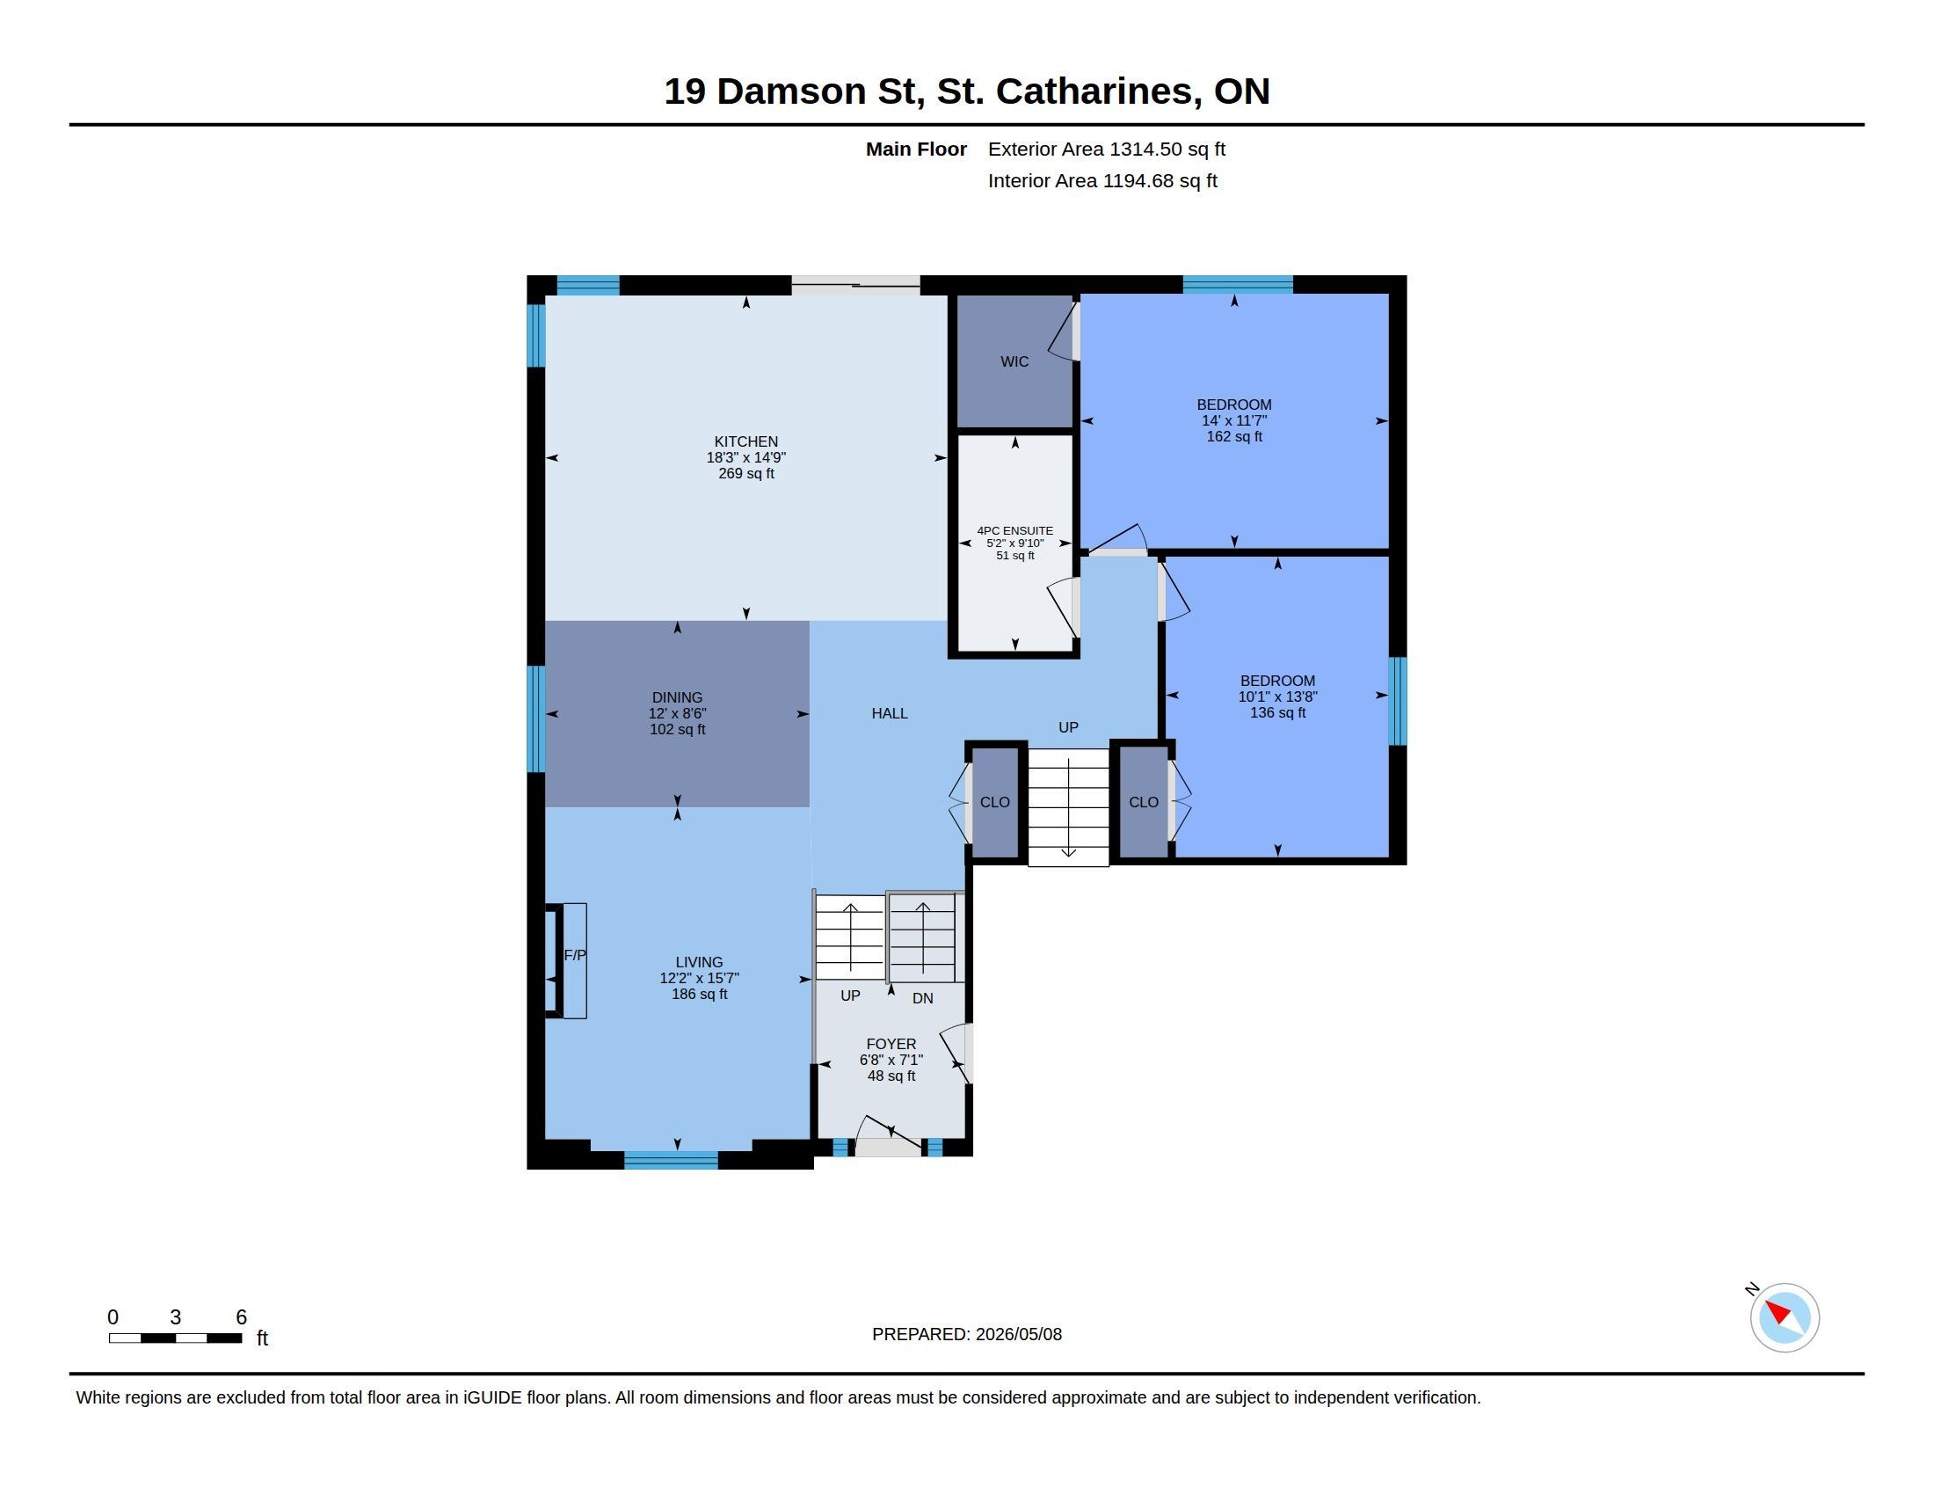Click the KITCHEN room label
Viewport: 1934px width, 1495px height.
pos(745,441)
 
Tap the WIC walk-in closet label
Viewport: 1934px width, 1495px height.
pos(1014,361)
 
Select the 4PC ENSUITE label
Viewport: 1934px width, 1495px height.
pos(1014,530)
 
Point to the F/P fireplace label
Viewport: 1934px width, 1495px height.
pos(575,955)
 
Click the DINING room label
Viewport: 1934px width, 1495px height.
pos(678,697)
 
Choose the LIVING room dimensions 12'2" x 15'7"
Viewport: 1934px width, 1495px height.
pos(699,978)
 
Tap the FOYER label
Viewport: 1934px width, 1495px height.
pos(891,1043)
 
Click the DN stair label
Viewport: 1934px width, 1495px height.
pos(923,998)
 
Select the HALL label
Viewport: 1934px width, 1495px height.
pos(889,713)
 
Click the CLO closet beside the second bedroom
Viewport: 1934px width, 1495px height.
pos(1143,801)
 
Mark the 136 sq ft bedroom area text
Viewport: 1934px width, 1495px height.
pos(1277,713)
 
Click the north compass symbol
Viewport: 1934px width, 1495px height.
pos(1784,1317)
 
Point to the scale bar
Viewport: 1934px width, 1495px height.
pos(175,1338)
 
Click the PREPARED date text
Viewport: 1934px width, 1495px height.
pos(967,1334)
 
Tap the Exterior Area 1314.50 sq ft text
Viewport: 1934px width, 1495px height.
pos(1107,149)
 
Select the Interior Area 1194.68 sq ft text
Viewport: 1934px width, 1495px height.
pos(1102,180)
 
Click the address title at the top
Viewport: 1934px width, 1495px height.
pos(967,91)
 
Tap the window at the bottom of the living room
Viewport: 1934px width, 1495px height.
pos(672,1160)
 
